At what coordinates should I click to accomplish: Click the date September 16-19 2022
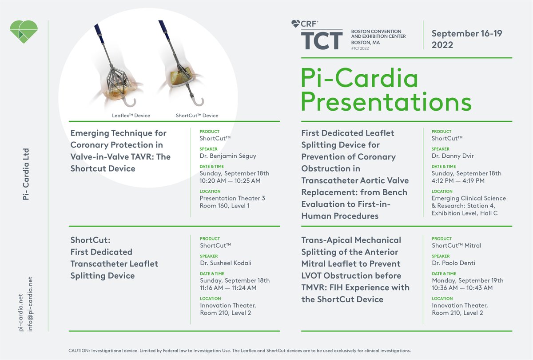(467, 39)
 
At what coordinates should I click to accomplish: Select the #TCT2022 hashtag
(360, 48)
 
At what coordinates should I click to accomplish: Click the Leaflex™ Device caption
(131, 116)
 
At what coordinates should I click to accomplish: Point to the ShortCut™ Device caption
(197, 116)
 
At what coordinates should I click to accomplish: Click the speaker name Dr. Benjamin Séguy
(228, 156)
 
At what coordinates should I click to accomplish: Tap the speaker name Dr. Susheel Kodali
(226, 263)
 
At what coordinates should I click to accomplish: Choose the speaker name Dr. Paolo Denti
(453, 263)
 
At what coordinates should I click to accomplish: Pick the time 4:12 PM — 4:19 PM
(457, 180)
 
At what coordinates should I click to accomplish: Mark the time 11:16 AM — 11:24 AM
(228, 288)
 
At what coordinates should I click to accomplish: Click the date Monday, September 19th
(468, 280)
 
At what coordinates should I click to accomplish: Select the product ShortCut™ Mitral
(456, 245)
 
